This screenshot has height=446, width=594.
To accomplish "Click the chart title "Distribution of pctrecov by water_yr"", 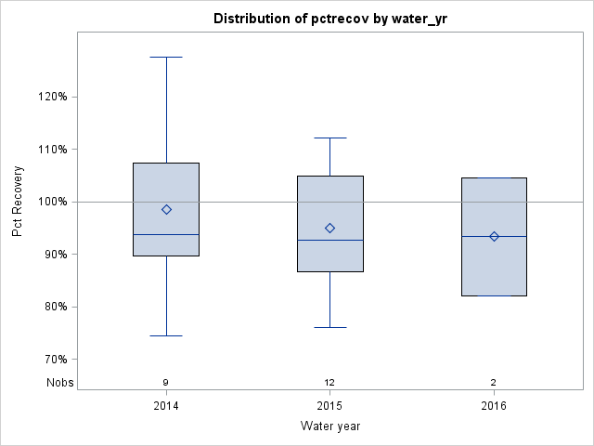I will [329, 19].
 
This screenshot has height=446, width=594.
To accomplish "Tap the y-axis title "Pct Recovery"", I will [18, 202].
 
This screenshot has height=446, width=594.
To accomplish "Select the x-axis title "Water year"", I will [329, 426].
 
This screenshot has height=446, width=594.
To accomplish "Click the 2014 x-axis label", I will [166, 405].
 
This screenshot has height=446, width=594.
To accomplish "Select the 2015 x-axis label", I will [329, 405].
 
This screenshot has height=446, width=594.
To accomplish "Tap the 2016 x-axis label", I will [494, 405].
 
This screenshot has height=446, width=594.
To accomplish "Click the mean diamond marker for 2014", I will [166, 209].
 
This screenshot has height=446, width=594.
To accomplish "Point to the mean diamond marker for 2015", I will [329, 228].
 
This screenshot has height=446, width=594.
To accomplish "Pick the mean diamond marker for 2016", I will [494, 236].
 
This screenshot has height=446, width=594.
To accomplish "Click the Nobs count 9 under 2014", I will [166, 382].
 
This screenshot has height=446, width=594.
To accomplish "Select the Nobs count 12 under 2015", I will [329, 382].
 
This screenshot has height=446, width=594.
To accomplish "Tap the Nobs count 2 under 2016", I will [494, 382].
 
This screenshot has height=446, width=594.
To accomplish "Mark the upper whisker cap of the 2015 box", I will [329, 138].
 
